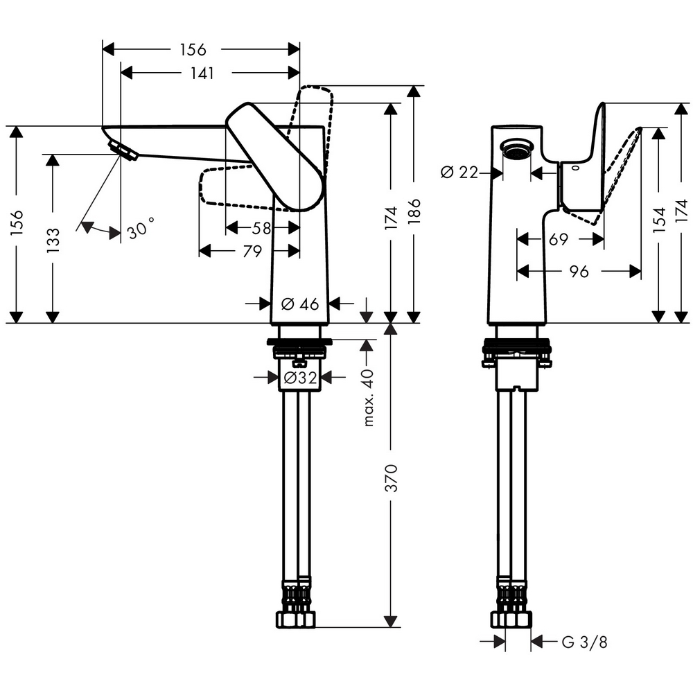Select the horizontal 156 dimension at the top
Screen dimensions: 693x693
click(193, 50)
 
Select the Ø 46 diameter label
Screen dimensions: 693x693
click(299, 304)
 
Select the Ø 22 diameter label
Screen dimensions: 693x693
click(459, 173)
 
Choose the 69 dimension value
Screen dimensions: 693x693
click(558, 240)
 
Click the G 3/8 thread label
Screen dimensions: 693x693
click(584, 642)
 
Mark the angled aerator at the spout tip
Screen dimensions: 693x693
click(123, 149)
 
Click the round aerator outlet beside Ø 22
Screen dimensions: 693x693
click(516, 150)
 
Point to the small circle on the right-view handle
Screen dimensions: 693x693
click(577, 167)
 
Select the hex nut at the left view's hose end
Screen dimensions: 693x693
click(297, 618)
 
